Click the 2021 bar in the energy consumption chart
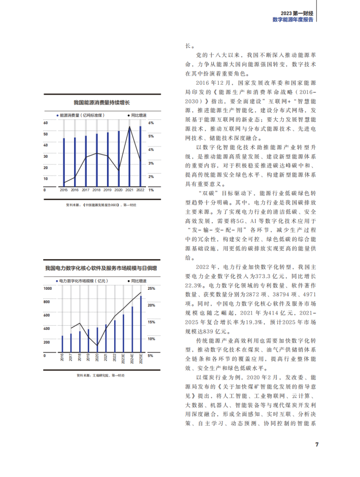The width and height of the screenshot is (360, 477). pyautogui.click(x=130, y=157)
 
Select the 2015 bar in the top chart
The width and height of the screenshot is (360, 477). pyautogui.click(x=64, y=162)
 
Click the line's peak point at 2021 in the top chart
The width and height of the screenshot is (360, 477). pyautogui.click(x=130, y=127)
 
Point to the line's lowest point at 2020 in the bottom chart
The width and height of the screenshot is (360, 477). pyautogui.click(x=97, y=346)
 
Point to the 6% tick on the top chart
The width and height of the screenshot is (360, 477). pyautogui.click(x=151, y=123)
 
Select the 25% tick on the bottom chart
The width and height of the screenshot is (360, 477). pyautogui.click(x=151, y=289)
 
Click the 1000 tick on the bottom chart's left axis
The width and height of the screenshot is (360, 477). pyautogui.click(x=48, y=289)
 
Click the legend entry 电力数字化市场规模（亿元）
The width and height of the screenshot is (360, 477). pyautogui.click(x=81, y=280)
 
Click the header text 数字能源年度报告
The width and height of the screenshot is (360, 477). pyautogui.click(x=293, y=19)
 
